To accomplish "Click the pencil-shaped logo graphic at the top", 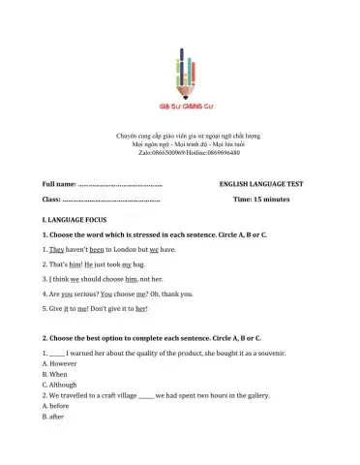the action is click(179, 69).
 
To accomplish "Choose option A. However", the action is click(63, 368).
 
